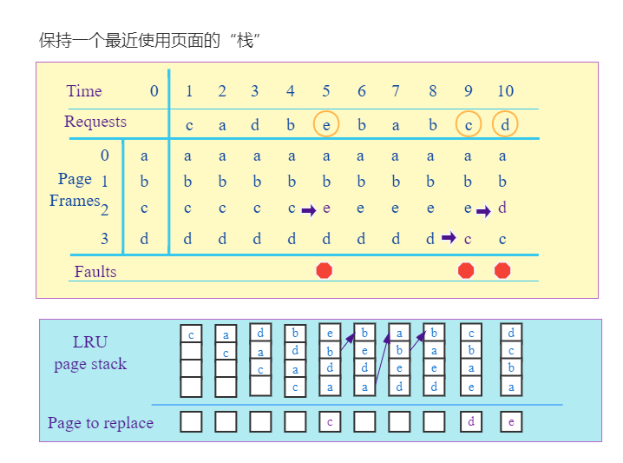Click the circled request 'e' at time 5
click(x=326, y=124)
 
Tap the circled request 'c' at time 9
click(x=469, y=124)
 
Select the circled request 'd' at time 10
click(x=505, y=124)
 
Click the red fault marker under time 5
click(x=325, y=270)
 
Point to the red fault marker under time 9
click(x=466, y=270)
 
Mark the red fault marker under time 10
click(x=502, y=270)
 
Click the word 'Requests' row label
click(x=95, y=122)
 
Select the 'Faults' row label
click(x=95, y=271)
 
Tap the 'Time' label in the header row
click(x=84, y=91)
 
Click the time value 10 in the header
click(x=505, y=91)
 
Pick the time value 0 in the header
click(x=154, y=91)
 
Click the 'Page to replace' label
click(x=101, y=423)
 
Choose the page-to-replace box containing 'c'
click(x=330, y=422)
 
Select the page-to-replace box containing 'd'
click(x=470, y=422)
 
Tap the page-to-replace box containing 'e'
click(x=511, y=422)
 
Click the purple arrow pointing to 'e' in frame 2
click(x=308, y=210)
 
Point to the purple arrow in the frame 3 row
click(x=449, y=237)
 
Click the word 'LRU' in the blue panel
click(x=91, y=342)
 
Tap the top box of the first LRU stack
click(x=191, y=334)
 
